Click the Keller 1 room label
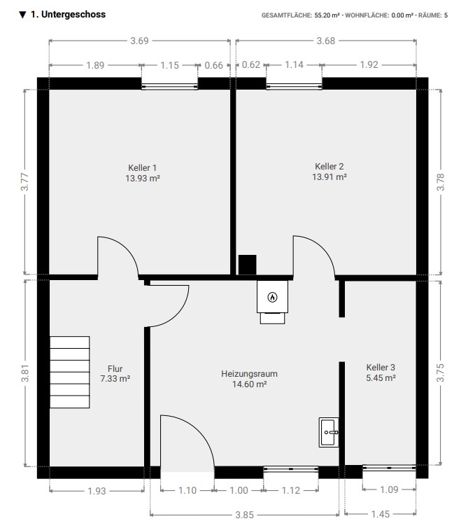pos(143,168)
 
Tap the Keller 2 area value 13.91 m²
pos(329,176)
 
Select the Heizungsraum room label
pos(249,374)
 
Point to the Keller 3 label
pos(381,368)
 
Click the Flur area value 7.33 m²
pos(115,378)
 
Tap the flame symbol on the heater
pos(272,297)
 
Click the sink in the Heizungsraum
pos(329,432)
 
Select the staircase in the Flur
pos(70,372)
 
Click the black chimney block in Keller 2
pos(247,265)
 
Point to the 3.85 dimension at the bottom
pos(245,515)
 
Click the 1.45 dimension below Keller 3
pos(381,515)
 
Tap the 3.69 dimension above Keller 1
pos(139,41)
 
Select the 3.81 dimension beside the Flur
pos(26,373)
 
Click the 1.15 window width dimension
pos(169,65)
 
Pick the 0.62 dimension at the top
pos(251,64)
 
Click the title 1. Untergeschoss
pos(68,14)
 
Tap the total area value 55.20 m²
pos(327,15)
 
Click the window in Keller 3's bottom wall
pos(389,468)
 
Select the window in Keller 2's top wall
pos(294,86)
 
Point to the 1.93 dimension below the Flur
pos(97,491)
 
